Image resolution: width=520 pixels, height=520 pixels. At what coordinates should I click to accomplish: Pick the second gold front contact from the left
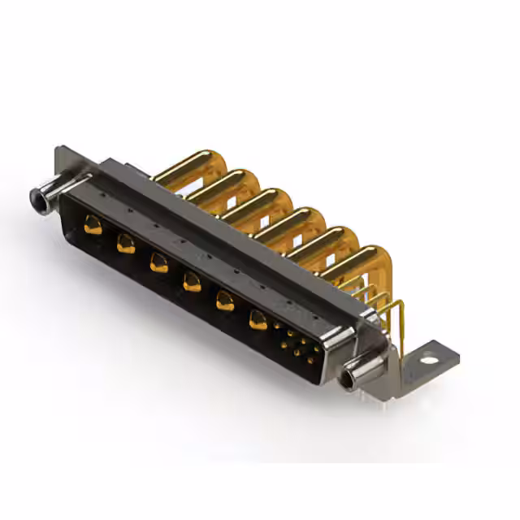pyautogui.click(x=126, y=243)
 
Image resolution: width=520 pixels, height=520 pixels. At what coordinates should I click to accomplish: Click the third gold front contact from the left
pyautogui.click(x=158, y=262)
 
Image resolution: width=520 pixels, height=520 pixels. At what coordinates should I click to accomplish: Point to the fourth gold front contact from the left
pyautogui.click(x=192, y=282)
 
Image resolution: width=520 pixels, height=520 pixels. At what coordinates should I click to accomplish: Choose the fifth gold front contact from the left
pyautogui.click(x=224, y=301)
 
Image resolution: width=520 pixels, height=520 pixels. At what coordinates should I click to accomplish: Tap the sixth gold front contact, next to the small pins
pyautogui.click(x=258, y=320)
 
